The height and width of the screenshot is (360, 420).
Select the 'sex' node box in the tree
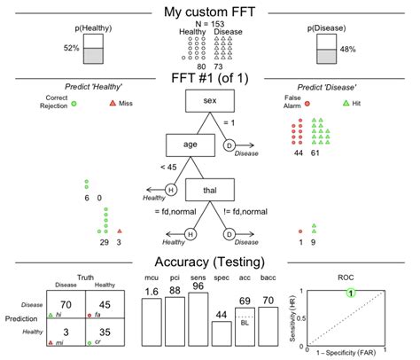click(x=209, y=103)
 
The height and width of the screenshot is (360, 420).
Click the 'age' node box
click(x=191, y=145)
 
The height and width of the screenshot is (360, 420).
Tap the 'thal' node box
click(x=210, y=190)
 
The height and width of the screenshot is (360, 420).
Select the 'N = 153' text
click(x=209, y=24)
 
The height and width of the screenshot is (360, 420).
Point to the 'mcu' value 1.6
click(x=152, y=292)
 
